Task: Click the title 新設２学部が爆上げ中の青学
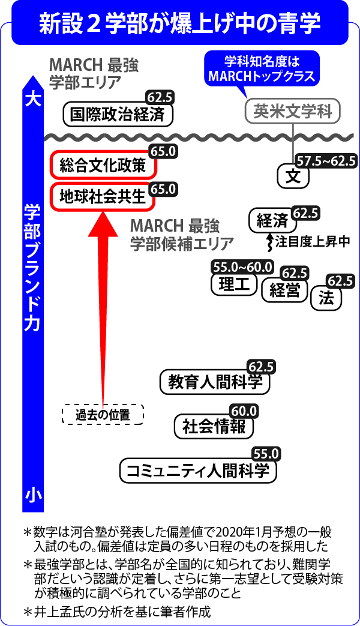(x=179, y=23)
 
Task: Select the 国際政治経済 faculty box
(x=119, y=115)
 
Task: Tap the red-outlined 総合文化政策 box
(x=103, y=166)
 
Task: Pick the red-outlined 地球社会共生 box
(x=103, y=196)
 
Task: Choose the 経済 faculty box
(x=272, y=221)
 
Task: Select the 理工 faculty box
(x=234, y=284)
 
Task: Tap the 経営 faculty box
(x=284, y=290)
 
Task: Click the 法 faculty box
(x=326, y=298)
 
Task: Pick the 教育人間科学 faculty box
(x=215, y=382)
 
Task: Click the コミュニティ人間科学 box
(x=198, y=471)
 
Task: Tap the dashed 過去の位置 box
(x=103, y=415)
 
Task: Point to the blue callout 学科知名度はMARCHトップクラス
(x=262, y=68)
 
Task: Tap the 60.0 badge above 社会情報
(x=244, y=411)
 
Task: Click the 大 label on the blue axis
(x=33, y=100)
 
